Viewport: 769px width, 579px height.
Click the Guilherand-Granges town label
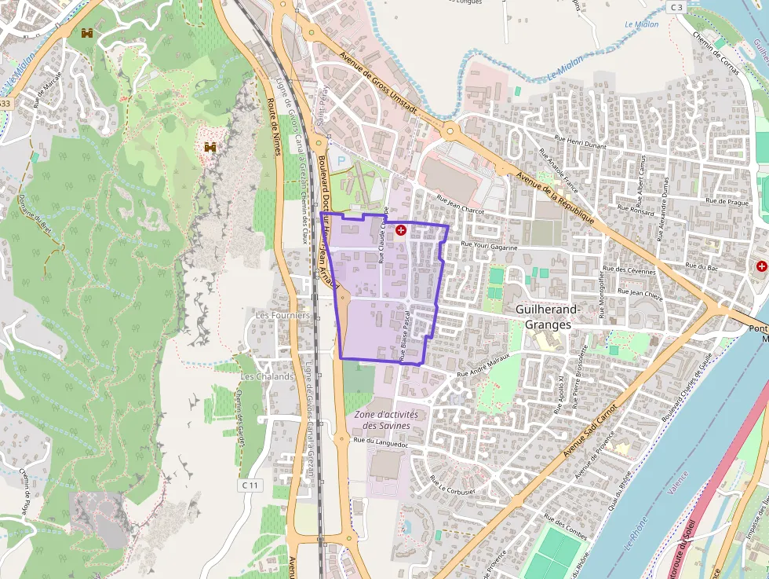(548, 317)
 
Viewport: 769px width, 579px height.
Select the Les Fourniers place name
(282, 315)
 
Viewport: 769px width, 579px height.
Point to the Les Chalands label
(267, 376)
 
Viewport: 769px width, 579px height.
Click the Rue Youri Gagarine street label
(489, 247)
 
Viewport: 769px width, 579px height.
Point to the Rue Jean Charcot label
(461, 205)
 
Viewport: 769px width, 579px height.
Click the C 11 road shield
(250, 486)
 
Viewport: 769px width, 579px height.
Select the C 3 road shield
(676, 7)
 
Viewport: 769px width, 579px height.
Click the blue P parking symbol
(341, 161)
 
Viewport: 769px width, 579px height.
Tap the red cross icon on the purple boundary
(401, 230)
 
